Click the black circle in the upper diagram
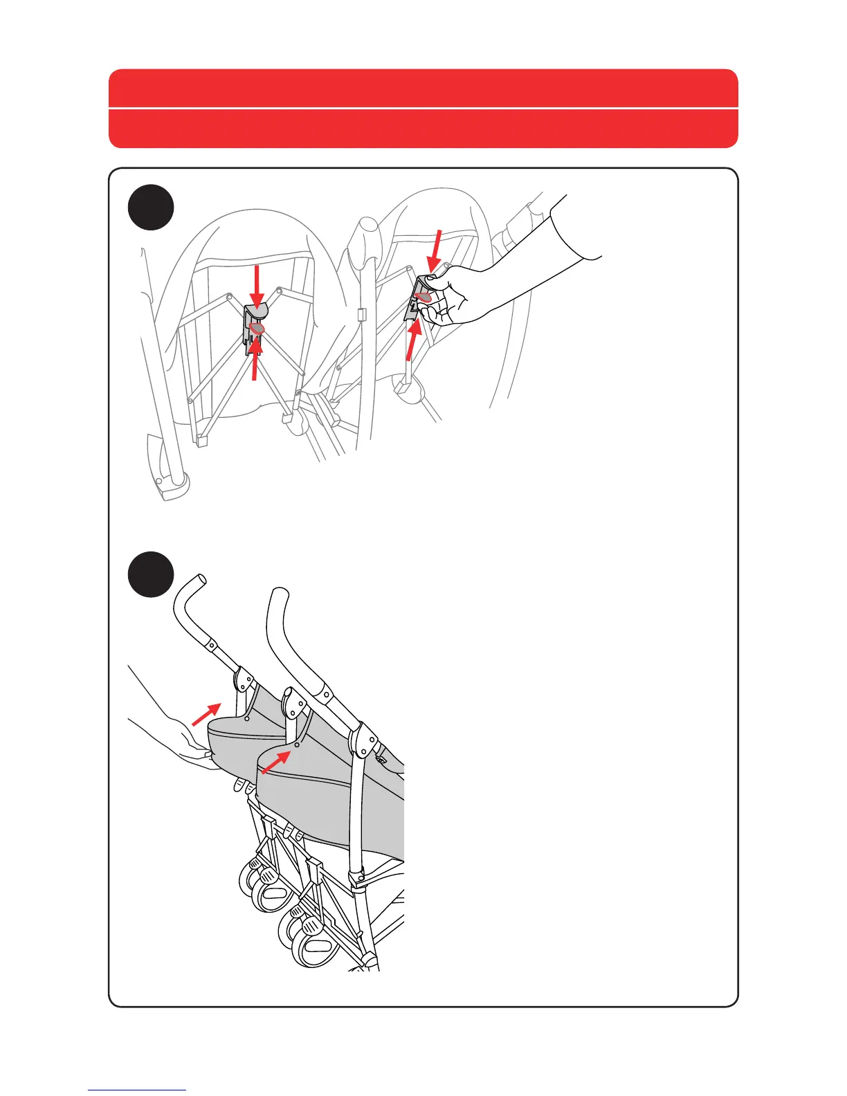click(x=152, y=208)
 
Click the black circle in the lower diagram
click(x=152, y=575)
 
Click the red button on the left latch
click(x=257, y=329)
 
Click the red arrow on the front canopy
click(x=277, y=761)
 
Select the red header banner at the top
click(x=423, y=109)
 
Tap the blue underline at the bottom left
click(x=137, y=1090)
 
